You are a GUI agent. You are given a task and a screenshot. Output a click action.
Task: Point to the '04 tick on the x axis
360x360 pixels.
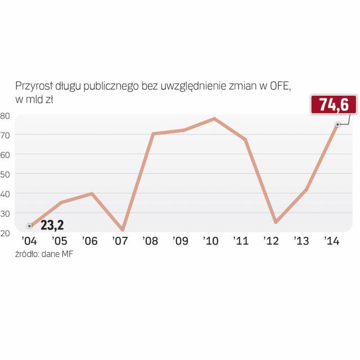pos(29,241)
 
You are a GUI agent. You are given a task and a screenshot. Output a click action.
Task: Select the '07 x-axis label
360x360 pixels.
pos(120,241)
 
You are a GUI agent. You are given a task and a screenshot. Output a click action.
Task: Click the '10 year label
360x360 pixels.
pos(211,241)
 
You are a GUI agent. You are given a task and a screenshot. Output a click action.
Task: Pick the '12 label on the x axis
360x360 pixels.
pos(272,241)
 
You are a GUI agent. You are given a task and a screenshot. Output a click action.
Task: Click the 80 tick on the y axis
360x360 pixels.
pos(6,115)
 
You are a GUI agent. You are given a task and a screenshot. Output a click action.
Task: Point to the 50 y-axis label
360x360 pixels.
pos(6,174)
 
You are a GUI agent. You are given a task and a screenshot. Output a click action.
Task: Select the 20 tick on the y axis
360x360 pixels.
pos(6,232)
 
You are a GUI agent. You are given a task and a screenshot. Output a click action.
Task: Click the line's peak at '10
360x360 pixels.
pos(214,119)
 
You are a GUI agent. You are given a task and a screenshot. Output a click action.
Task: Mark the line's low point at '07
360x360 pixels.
pos(122,231)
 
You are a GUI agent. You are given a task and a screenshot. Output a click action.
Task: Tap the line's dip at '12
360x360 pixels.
pos(276,223)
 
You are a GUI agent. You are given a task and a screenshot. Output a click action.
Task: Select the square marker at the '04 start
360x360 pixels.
pos(29,226)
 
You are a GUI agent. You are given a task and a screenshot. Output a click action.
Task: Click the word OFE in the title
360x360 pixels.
pos(279,86)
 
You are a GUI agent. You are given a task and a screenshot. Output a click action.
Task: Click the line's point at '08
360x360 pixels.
pos(153,133)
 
